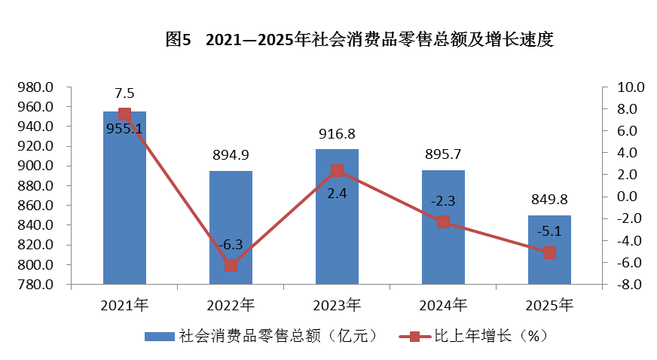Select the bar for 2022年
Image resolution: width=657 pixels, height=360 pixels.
pos(231,226)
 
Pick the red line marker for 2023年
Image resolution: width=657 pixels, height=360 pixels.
pos(337,170)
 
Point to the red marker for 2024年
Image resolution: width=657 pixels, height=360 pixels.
pos(443,221)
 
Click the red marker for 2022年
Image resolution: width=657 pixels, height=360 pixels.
pos(231,265)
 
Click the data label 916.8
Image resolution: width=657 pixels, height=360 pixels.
pos(337,134)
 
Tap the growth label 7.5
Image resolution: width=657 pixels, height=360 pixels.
pos(124,93)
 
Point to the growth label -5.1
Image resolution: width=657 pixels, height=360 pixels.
pos(549,231)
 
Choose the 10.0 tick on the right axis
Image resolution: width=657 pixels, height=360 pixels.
pos(627,87)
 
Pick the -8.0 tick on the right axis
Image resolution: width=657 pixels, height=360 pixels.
pos(627,285)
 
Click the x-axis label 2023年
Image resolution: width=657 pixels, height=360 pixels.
pos(337,306)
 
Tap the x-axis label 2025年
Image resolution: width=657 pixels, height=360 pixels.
pos(549,306)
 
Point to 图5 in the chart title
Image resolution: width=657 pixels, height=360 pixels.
pos(179,40)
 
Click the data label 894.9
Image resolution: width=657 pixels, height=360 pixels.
pos(231,156)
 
